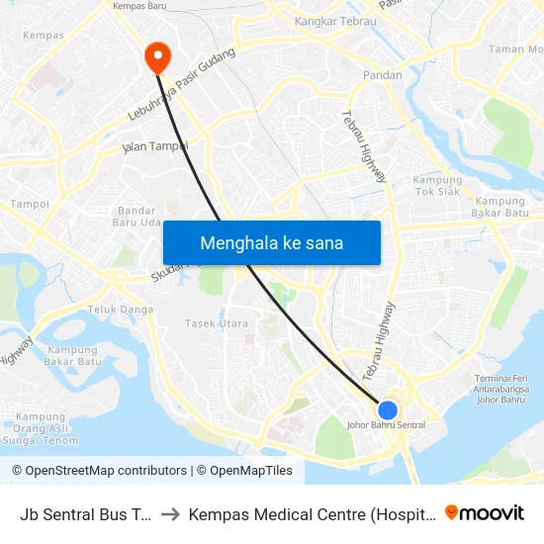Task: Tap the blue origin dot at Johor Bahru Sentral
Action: [388, 409]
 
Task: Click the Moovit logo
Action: [485, 512]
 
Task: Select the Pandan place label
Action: [383, 73]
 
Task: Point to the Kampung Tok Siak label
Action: [437, 186]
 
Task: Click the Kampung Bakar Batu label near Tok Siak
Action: [499, 207]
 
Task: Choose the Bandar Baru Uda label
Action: [138, 217]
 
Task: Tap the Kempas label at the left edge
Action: [42, 36]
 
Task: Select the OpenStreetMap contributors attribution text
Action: [100, 471]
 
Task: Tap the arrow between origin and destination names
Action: [170, 513]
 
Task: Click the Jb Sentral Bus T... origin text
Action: [86, 513]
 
